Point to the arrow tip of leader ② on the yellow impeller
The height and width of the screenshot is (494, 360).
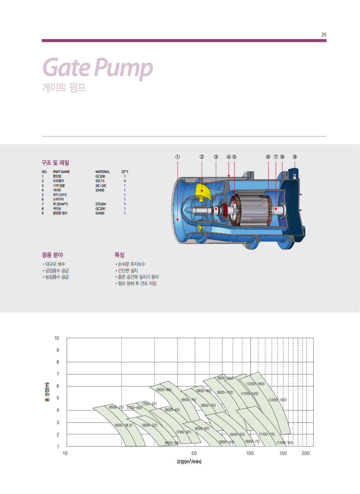click(x=202, y=193)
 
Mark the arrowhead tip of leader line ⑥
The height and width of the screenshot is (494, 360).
click(x=268, y=224)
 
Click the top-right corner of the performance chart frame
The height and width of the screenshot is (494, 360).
click(x=313, y=338)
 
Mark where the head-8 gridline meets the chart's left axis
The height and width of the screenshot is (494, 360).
click(x=67, y=362)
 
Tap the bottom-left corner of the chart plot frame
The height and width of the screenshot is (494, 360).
click(x=67, y=446)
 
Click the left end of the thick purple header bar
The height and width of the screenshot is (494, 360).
click(x=42, y=41)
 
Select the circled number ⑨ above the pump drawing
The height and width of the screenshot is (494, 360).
click(x=295, y=157)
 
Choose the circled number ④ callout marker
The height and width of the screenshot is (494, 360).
click(x=229, y=157)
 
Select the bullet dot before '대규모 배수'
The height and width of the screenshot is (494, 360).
click(x=43, y=264)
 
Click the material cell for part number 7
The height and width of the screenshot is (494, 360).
click(x=101, y=204)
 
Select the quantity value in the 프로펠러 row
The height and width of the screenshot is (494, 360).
click(x=125, y=181)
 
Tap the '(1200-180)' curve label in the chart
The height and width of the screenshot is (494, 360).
click(x=277, y=400)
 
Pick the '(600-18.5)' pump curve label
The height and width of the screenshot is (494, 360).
click(x=123, y=425)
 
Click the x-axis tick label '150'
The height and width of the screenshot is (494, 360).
click(x=283, y=453)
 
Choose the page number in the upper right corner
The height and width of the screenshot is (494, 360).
click(x=324, y=35)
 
